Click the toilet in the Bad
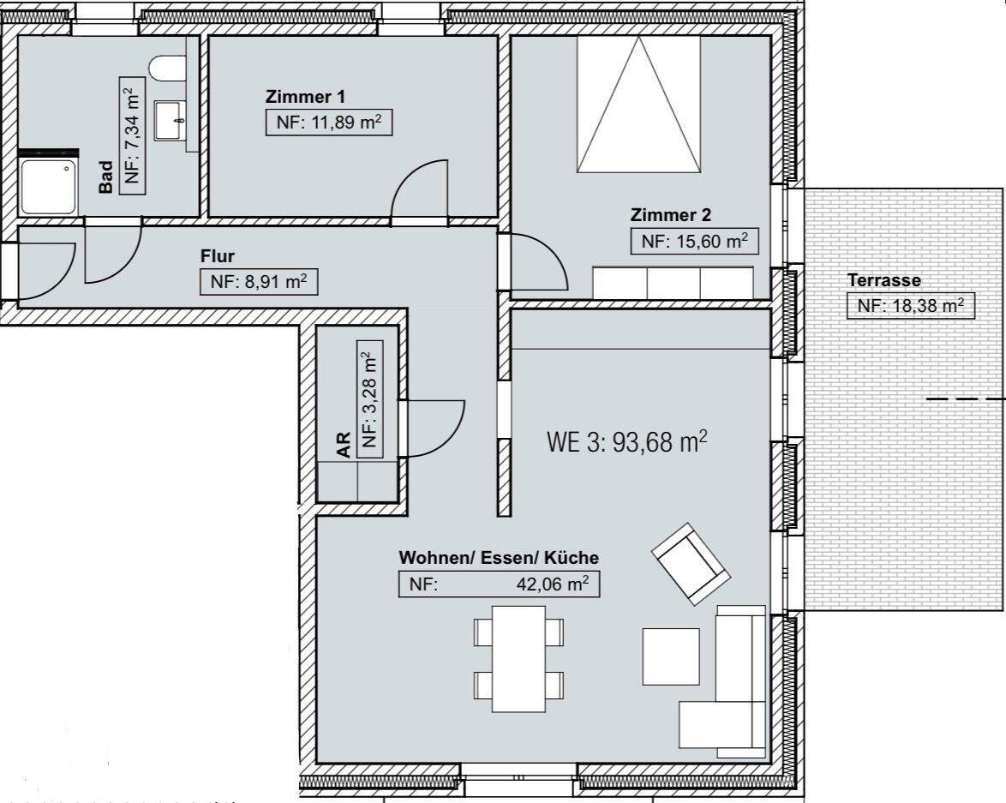(x=167, y=68)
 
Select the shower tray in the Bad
(x=49, y=187)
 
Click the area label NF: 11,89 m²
(x=328, y=123)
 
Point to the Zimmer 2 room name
(x=670, y=215)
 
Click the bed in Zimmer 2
(x=638, y=104)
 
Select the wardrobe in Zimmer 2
(x=673, y=283)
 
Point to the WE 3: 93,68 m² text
(x=627, y=441)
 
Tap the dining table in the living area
(x=518, y=659)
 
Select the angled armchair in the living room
(x=691, y=564)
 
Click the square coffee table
(x=671, y=656)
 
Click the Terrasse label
(x=884, y=280)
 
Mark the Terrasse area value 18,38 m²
(x=911, y=306)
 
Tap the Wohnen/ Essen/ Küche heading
(x=499, y=558)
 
